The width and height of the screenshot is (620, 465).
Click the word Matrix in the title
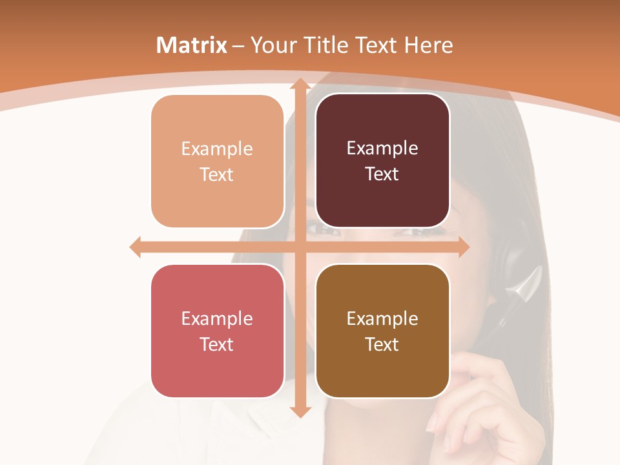click(x=192, y=45)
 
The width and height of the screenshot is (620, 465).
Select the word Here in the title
click(x=428, y=45)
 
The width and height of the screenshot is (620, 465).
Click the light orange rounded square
click(x=217, y=161)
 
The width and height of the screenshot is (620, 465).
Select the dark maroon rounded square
click(x=382, y=161)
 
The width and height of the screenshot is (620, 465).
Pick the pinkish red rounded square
click(x=217, y=331)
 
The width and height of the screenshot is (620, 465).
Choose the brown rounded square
click(x=382, y=331)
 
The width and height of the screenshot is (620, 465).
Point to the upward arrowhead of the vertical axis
click(x=300, y=84)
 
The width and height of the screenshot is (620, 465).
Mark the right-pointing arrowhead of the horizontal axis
click(x=463, y=247)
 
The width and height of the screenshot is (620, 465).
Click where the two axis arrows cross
click(x=300, y=247)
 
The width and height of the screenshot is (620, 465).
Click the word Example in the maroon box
click(x=382, y=149)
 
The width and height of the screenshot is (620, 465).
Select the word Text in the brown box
click(x=382, y=344)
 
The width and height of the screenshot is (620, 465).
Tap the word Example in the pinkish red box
click(x=217, y=318)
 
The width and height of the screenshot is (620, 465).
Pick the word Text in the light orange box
click(x=217, y=174)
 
